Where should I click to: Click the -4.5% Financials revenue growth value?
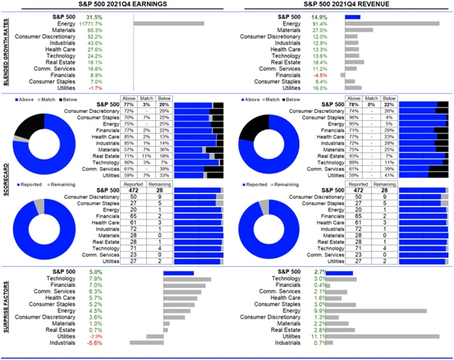[321, 75]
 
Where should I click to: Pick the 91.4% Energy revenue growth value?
[319, 23]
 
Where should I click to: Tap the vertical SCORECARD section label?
[6, 185]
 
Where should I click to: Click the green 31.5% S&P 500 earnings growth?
[94, 16]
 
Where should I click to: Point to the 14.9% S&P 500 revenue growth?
[319, 16]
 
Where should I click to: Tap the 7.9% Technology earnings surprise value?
[96, 279]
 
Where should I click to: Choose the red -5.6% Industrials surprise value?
[94, 344]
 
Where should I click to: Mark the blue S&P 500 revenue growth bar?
[353, 16]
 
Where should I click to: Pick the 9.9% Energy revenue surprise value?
[320, 310]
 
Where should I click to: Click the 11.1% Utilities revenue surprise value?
[319, 337]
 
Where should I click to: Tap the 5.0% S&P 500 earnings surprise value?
[96, 271]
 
